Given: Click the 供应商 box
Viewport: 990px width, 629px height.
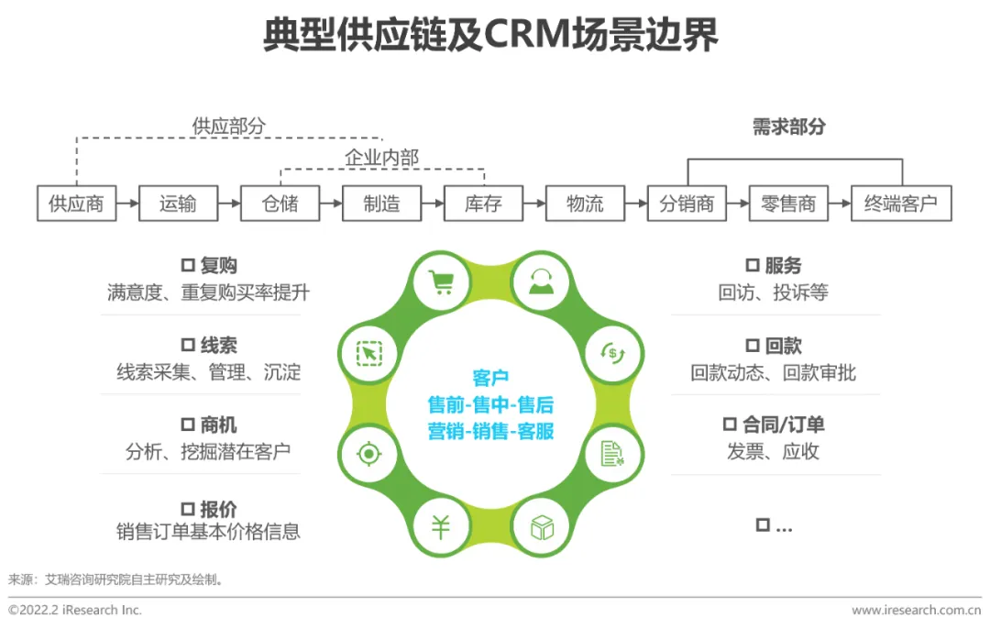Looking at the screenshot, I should click(76, 204).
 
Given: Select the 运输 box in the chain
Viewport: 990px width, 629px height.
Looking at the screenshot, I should click(178, 204).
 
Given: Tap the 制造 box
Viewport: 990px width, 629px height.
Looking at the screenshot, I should click(381, 204).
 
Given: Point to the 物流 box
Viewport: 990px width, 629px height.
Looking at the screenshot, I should click(585, 204).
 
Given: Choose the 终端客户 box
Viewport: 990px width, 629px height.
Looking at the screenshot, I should click(901, 204).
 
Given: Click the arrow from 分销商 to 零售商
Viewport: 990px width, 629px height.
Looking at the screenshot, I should click(738, 204).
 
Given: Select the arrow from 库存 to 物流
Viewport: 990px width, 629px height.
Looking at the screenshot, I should click(534, 204).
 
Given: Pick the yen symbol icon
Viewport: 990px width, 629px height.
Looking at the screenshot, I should click(442, 526).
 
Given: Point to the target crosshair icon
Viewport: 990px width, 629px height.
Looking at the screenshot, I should click(368, 453).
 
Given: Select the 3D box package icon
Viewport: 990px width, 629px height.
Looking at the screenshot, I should click(541, 526).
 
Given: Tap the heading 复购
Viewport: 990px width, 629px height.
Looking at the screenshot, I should click(219, 266).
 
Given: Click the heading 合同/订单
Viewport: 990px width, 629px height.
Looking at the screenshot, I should click(783, 425).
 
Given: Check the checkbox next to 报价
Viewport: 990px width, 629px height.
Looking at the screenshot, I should click(188, 508).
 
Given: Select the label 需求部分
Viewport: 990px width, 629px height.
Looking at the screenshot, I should click(788, 127).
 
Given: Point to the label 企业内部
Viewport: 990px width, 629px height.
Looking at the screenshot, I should click(381, 158).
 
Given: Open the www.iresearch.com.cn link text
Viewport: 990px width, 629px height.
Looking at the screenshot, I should click(916, 610).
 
